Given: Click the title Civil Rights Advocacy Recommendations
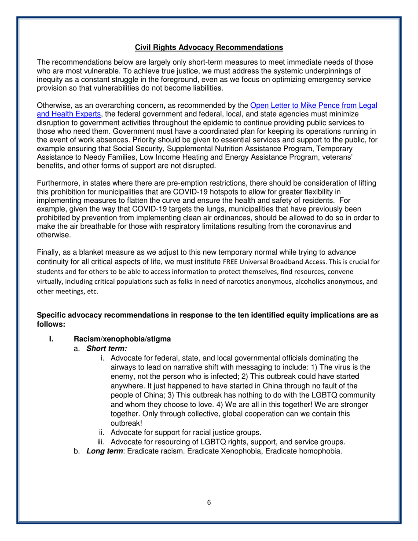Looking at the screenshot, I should tap(209, 47).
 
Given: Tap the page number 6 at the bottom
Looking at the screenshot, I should tap(209, 503).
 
